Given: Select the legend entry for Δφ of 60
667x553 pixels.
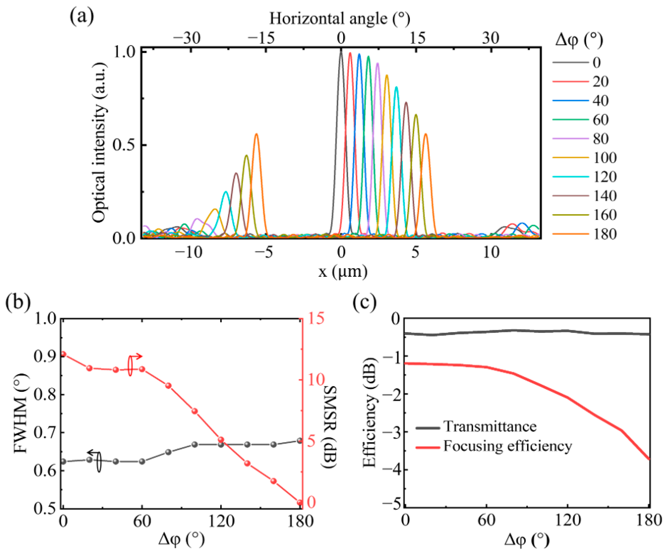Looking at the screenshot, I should [600, 120].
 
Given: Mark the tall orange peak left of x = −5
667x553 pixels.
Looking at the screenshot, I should [256, 135].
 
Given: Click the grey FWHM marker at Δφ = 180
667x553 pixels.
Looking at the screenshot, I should [299, 441].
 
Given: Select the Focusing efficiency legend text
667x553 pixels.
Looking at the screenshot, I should [507, 446].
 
